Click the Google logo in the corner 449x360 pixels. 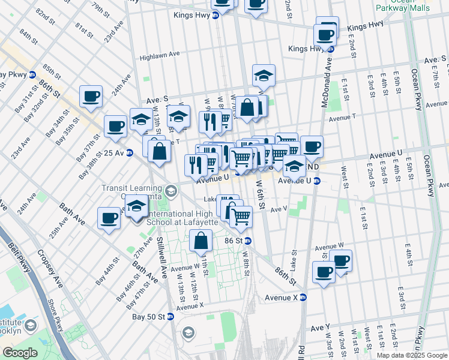coord(19,353)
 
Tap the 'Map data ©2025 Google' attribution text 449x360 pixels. coord(411,355)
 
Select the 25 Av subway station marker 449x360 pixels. coord(130,154)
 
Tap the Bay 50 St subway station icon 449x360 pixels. coord(170,316)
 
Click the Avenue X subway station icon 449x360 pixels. coord(303,297)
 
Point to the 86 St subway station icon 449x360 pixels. coord(248,241)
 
